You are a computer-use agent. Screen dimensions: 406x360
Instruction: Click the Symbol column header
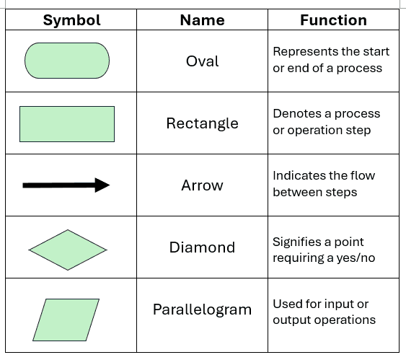coord(71,20)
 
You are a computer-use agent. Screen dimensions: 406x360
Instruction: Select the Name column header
coord(202,20)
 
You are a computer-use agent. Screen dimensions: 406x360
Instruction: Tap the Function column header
coord(333,20)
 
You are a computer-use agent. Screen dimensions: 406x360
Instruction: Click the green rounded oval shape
coord(67,61)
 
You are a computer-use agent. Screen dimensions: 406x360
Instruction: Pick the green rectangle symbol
coord(67,124)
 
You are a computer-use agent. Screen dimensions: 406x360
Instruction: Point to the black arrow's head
coord(102,185)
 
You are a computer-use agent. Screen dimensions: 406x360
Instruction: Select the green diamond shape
coord(68,250)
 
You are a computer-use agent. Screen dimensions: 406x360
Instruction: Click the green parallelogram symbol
coord(66,320)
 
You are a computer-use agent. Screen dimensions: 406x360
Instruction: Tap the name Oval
coord(202,61)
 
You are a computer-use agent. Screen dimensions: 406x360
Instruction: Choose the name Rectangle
coord(202,123)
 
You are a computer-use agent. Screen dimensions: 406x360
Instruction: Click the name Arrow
coord(202,185)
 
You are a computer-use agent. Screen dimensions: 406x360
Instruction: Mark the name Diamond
coord(202,247)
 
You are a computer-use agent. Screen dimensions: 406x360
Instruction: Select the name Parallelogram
coord(202,309)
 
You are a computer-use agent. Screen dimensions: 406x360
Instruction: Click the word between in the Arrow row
coord(297,192)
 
